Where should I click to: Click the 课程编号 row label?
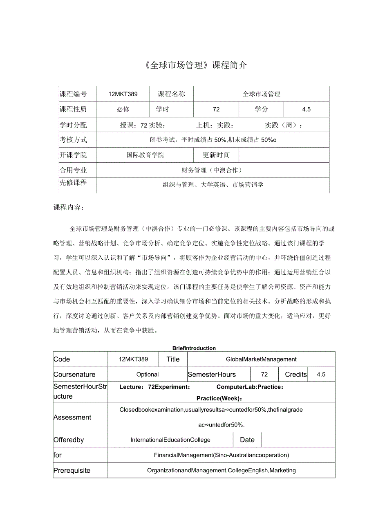point(74,94)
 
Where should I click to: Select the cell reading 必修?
point(123,109)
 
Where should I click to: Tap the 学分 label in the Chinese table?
point(261,109)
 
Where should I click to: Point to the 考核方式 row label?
point(74,140)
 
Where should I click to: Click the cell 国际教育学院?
point(145,155)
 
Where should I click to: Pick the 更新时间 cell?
point(216,155)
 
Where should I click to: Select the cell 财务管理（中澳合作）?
point(212,170)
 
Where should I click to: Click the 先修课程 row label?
point(74,183)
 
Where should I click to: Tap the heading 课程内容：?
point(69,207)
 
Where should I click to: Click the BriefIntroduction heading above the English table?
point(194,348)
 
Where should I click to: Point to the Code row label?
point(62,359)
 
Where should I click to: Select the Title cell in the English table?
point(173,359)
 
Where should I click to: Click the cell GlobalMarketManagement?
point(261,359)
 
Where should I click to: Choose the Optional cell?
point(148,375)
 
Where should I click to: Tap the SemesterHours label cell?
point(212,375)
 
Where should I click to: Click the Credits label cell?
point(296,375)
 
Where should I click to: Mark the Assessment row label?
point(72,418)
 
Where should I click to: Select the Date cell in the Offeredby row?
point(247,440)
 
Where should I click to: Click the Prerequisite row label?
point(72,471)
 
